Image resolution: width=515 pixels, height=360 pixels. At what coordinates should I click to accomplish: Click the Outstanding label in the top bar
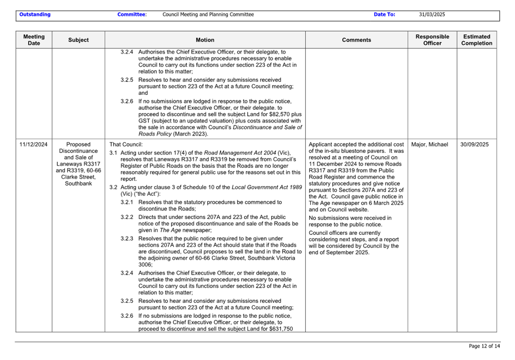(x=35, y=15)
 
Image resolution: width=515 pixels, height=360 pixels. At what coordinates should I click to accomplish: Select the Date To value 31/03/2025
(x=432, y=15)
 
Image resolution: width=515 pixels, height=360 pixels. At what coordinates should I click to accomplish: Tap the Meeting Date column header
(x=34, y=40)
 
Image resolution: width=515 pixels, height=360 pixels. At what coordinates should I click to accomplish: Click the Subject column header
(x=78, y=40)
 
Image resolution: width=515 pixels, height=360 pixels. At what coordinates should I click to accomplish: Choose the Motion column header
(x=205, y=40)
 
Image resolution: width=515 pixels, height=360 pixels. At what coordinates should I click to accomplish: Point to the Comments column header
(x=356, y=40)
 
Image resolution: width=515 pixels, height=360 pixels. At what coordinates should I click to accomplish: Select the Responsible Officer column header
(x=432, y=40)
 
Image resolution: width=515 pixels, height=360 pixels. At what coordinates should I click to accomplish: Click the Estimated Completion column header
(x=476, y=40)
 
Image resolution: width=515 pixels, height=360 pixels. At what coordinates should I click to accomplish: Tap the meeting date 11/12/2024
(x=34, y=145)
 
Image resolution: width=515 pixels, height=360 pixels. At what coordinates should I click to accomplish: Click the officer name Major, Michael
(x=429, y=145)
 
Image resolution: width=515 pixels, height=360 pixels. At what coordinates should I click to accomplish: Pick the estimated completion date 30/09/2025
(x=474, y=145)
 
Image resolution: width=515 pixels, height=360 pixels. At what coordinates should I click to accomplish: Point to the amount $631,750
(x=281, y=329)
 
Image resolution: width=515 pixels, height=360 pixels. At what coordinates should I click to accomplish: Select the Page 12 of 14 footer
(x=484, y=346)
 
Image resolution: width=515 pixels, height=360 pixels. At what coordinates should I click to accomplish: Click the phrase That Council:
(x=126, y=145)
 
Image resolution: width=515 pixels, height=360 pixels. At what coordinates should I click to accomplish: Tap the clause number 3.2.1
(x=127, y=202)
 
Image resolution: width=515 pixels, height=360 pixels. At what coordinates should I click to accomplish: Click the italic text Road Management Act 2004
(x=240, y=153)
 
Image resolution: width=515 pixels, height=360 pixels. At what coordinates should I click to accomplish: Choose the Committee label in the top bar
(x=132, y=15)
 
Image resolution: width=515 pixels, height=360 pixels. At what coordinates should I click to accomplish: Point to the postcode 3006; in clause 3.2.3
(x=145, y=265)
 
